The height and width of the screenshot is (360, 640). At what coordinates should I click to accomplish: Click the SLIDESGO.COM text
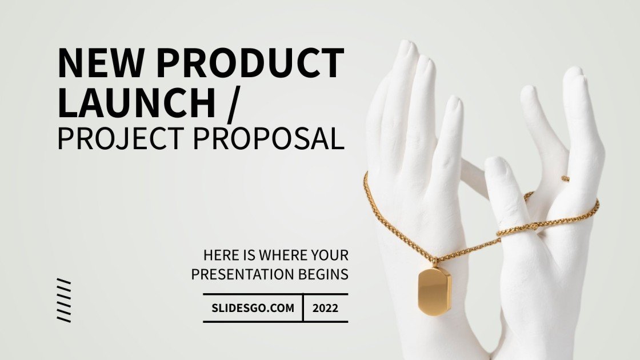[x=253, y=308]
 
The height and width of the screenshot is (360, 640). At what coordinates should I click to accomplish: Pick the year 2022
[x=325, y=308]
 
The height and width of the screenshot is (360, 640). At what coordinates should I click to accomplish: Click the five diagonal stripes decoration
[x=64, y=300]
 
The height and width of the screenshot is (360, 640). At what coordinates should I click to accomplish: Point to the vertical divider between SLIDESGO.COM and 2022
[x=303, y=308]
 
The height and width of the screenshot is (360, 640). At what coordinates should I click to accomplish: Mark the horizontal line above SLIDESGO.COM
[x=275, y=294]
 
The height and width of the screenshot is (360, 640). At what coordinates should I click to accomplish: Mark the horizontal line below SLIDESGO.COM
[x=275, y=322]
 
